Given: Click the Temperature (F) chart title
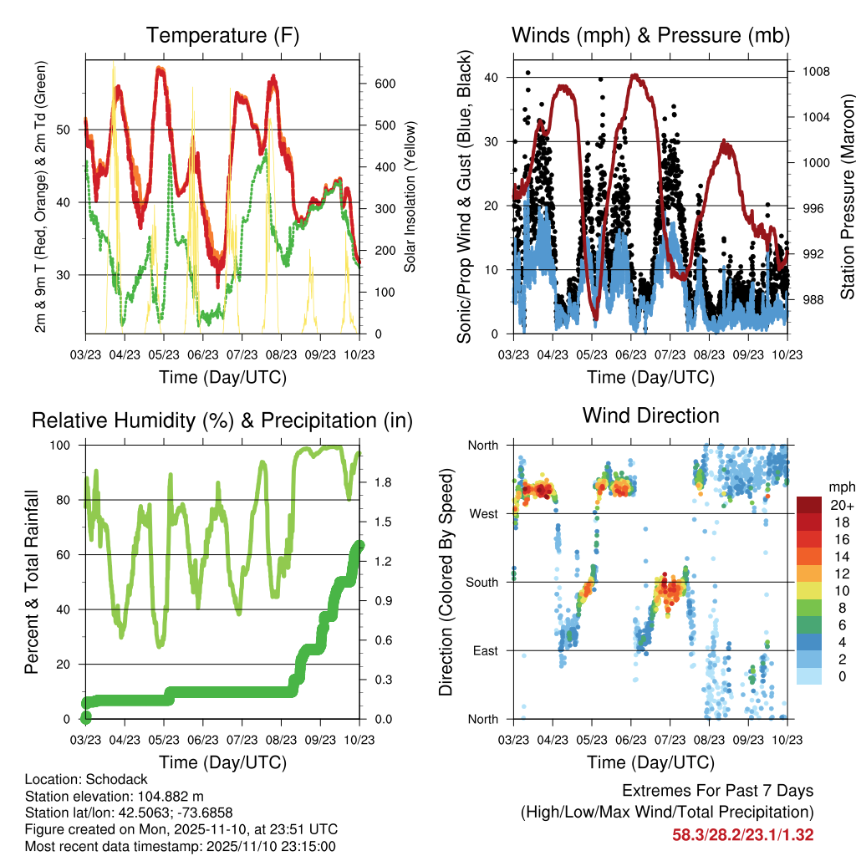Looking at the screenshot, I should click(x=222, y=35).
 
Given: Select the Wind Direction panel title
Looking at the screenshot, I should click(x=650, y=415).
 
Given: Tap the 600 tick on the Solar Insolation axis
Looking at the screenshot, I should click(x=385, y=84).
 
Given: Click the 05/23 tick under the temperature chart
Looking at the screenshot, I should click(x=164, y=354).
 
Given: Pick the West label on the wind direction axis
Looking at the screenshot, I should click(x=483, y=513).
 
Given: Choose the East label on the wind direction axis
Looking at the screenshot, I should click(x=485, y=650).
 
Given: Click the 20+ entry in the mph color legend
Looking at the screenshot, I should click(x=838, y=505).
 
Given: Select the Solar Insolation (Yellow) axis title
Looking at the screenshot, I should click(x=410, y=197).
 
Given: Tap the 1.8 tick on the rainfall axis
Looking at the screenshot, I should click(x=385, y=482).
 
